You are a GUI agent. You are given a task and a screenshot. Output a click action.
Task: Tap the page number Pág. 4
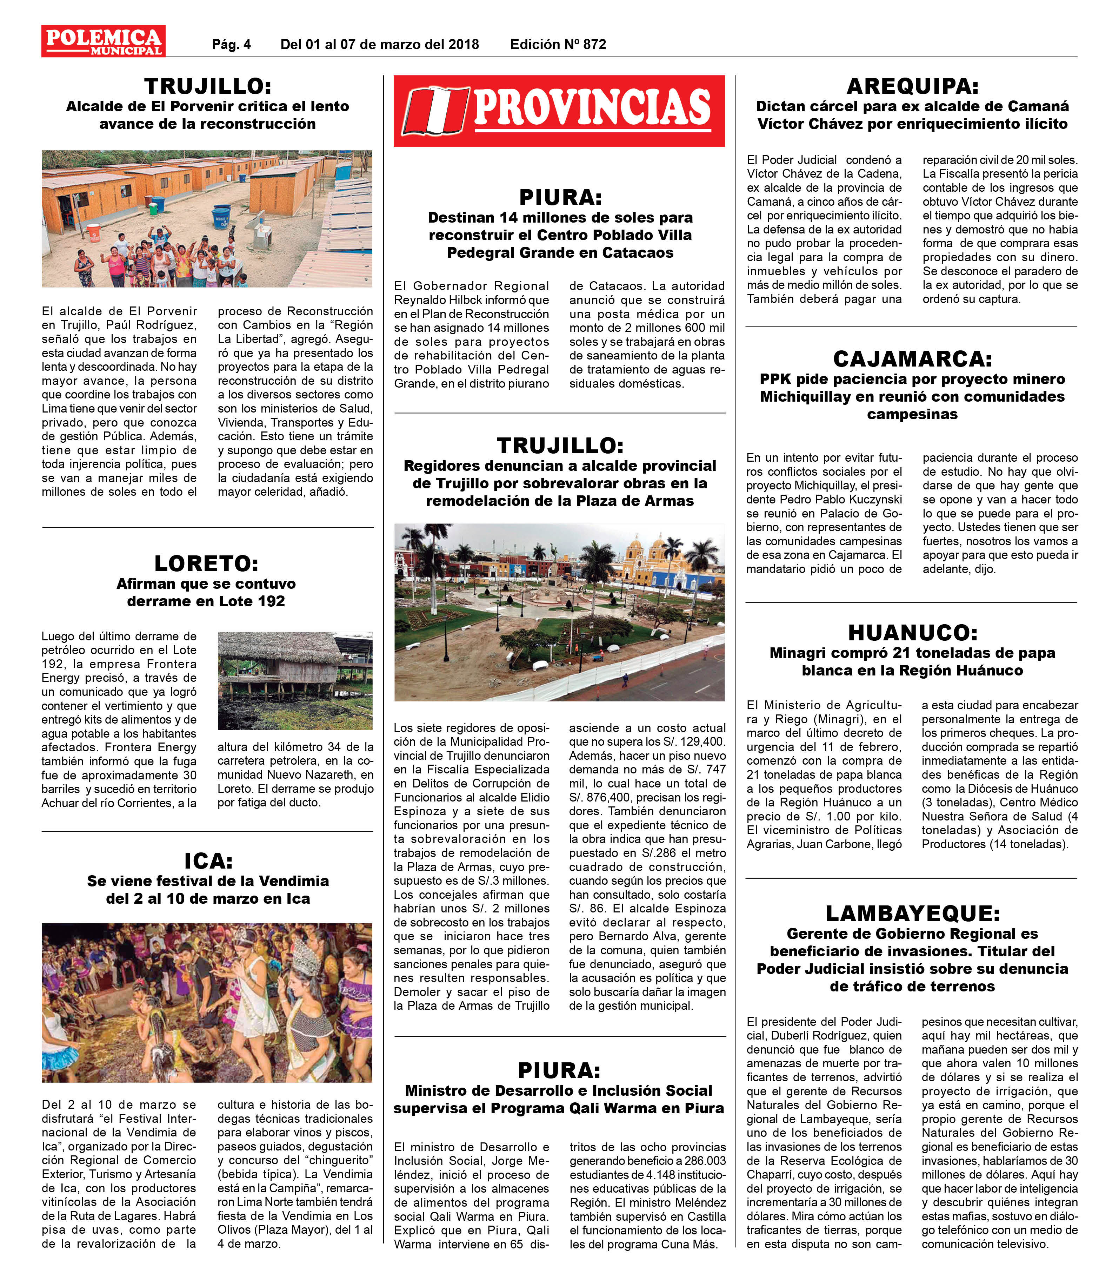coord(231,44)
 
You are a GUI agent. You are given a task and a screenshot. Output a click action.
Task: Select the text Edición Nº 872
coord(558,44)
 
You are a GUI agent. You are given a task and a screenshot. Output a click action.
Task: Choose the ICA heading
coord(208,861)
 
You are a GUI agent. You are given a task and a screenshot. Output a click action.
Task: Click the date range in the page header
coord(380,44)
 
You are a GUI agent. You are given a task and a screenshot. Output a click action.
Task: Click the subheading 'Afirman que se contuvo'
coord(206,583)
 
